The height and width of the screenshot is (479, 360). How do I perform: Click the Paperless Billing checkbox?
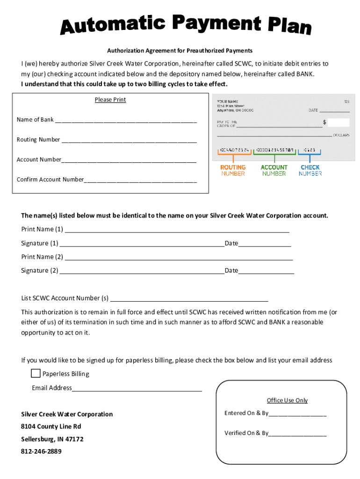click(36, 373)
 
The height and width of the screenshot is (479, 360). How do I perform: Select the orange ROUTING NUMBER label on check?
click(233, 170)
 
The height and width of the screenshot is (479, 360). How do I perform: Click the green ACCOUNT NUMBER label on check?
click(274, 170)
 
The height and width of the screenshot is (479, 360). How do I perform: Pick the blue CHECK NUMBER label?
click(310, 170)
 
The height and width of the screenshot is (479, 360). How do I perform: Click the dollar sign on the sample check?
click(324, 122)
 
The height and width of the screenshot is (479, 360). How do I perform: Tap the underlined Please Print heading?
click(110, 100)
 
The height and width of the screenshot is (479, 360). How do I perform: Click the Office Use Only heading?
click(287, 400)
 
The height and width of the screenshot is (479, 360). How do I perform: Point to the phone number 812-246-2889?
click(41, 451)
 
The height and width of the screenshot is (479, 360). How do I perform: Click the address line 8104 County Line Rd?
click(51, 427)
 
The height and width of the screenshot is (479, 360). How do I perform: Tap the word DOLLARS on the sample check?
click(341, 135)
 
